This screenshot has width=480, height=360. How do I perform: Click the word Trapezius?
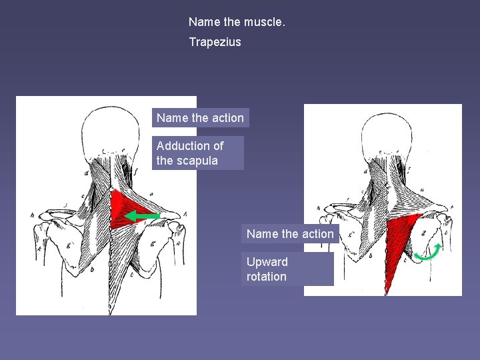pos(215,42)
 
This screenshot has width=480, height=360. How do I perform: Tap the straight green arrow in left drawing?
pos(142,216)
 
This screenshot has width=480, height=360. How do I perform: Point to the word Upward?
pos(267,262)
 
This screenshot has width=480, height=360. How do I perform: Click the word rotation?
pos(266,277)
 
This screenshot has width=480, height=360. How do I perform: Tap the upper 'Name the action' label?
pos(200,118)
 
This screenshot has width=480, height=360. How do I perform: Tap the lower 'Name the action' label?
pos(290,234)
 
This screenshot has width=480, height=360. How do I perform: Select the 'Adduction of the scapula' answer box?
pos(198,153)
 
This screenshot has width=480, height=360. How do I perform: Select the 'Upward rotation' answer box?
pos(287,269)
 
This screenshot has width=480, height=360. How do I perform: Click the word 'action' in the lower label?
pos(318,234)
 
